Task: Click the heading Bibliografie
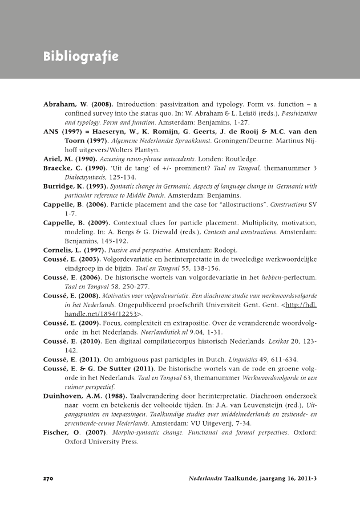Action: coord(80,57)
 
